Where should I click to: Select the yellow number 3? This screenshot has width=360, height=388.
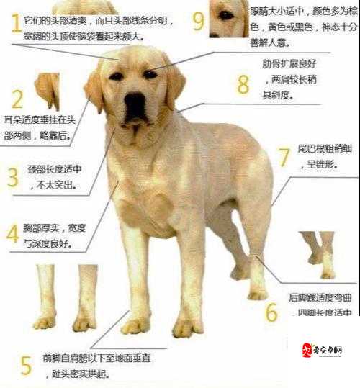click(x=12, y=177)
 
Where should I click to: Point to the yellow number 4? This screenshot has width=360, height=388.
click(x=12, y=234)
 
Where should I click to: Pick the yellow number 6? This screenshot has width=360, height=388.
click(x=271, y=312)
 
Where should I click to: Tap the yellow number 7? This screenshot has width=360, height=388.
click(x=284, y=157)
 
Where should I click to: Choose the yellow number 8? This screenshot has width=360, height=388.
click(x=243, y=84)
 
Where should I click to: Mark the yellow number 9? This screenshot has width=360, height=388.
click(x=199, y=21)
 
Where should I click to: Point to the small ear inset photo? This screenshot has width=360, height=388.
click(x=48, y=89)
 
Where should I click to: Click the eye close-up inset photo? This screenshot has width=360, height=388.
click(x=229, y=18)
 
